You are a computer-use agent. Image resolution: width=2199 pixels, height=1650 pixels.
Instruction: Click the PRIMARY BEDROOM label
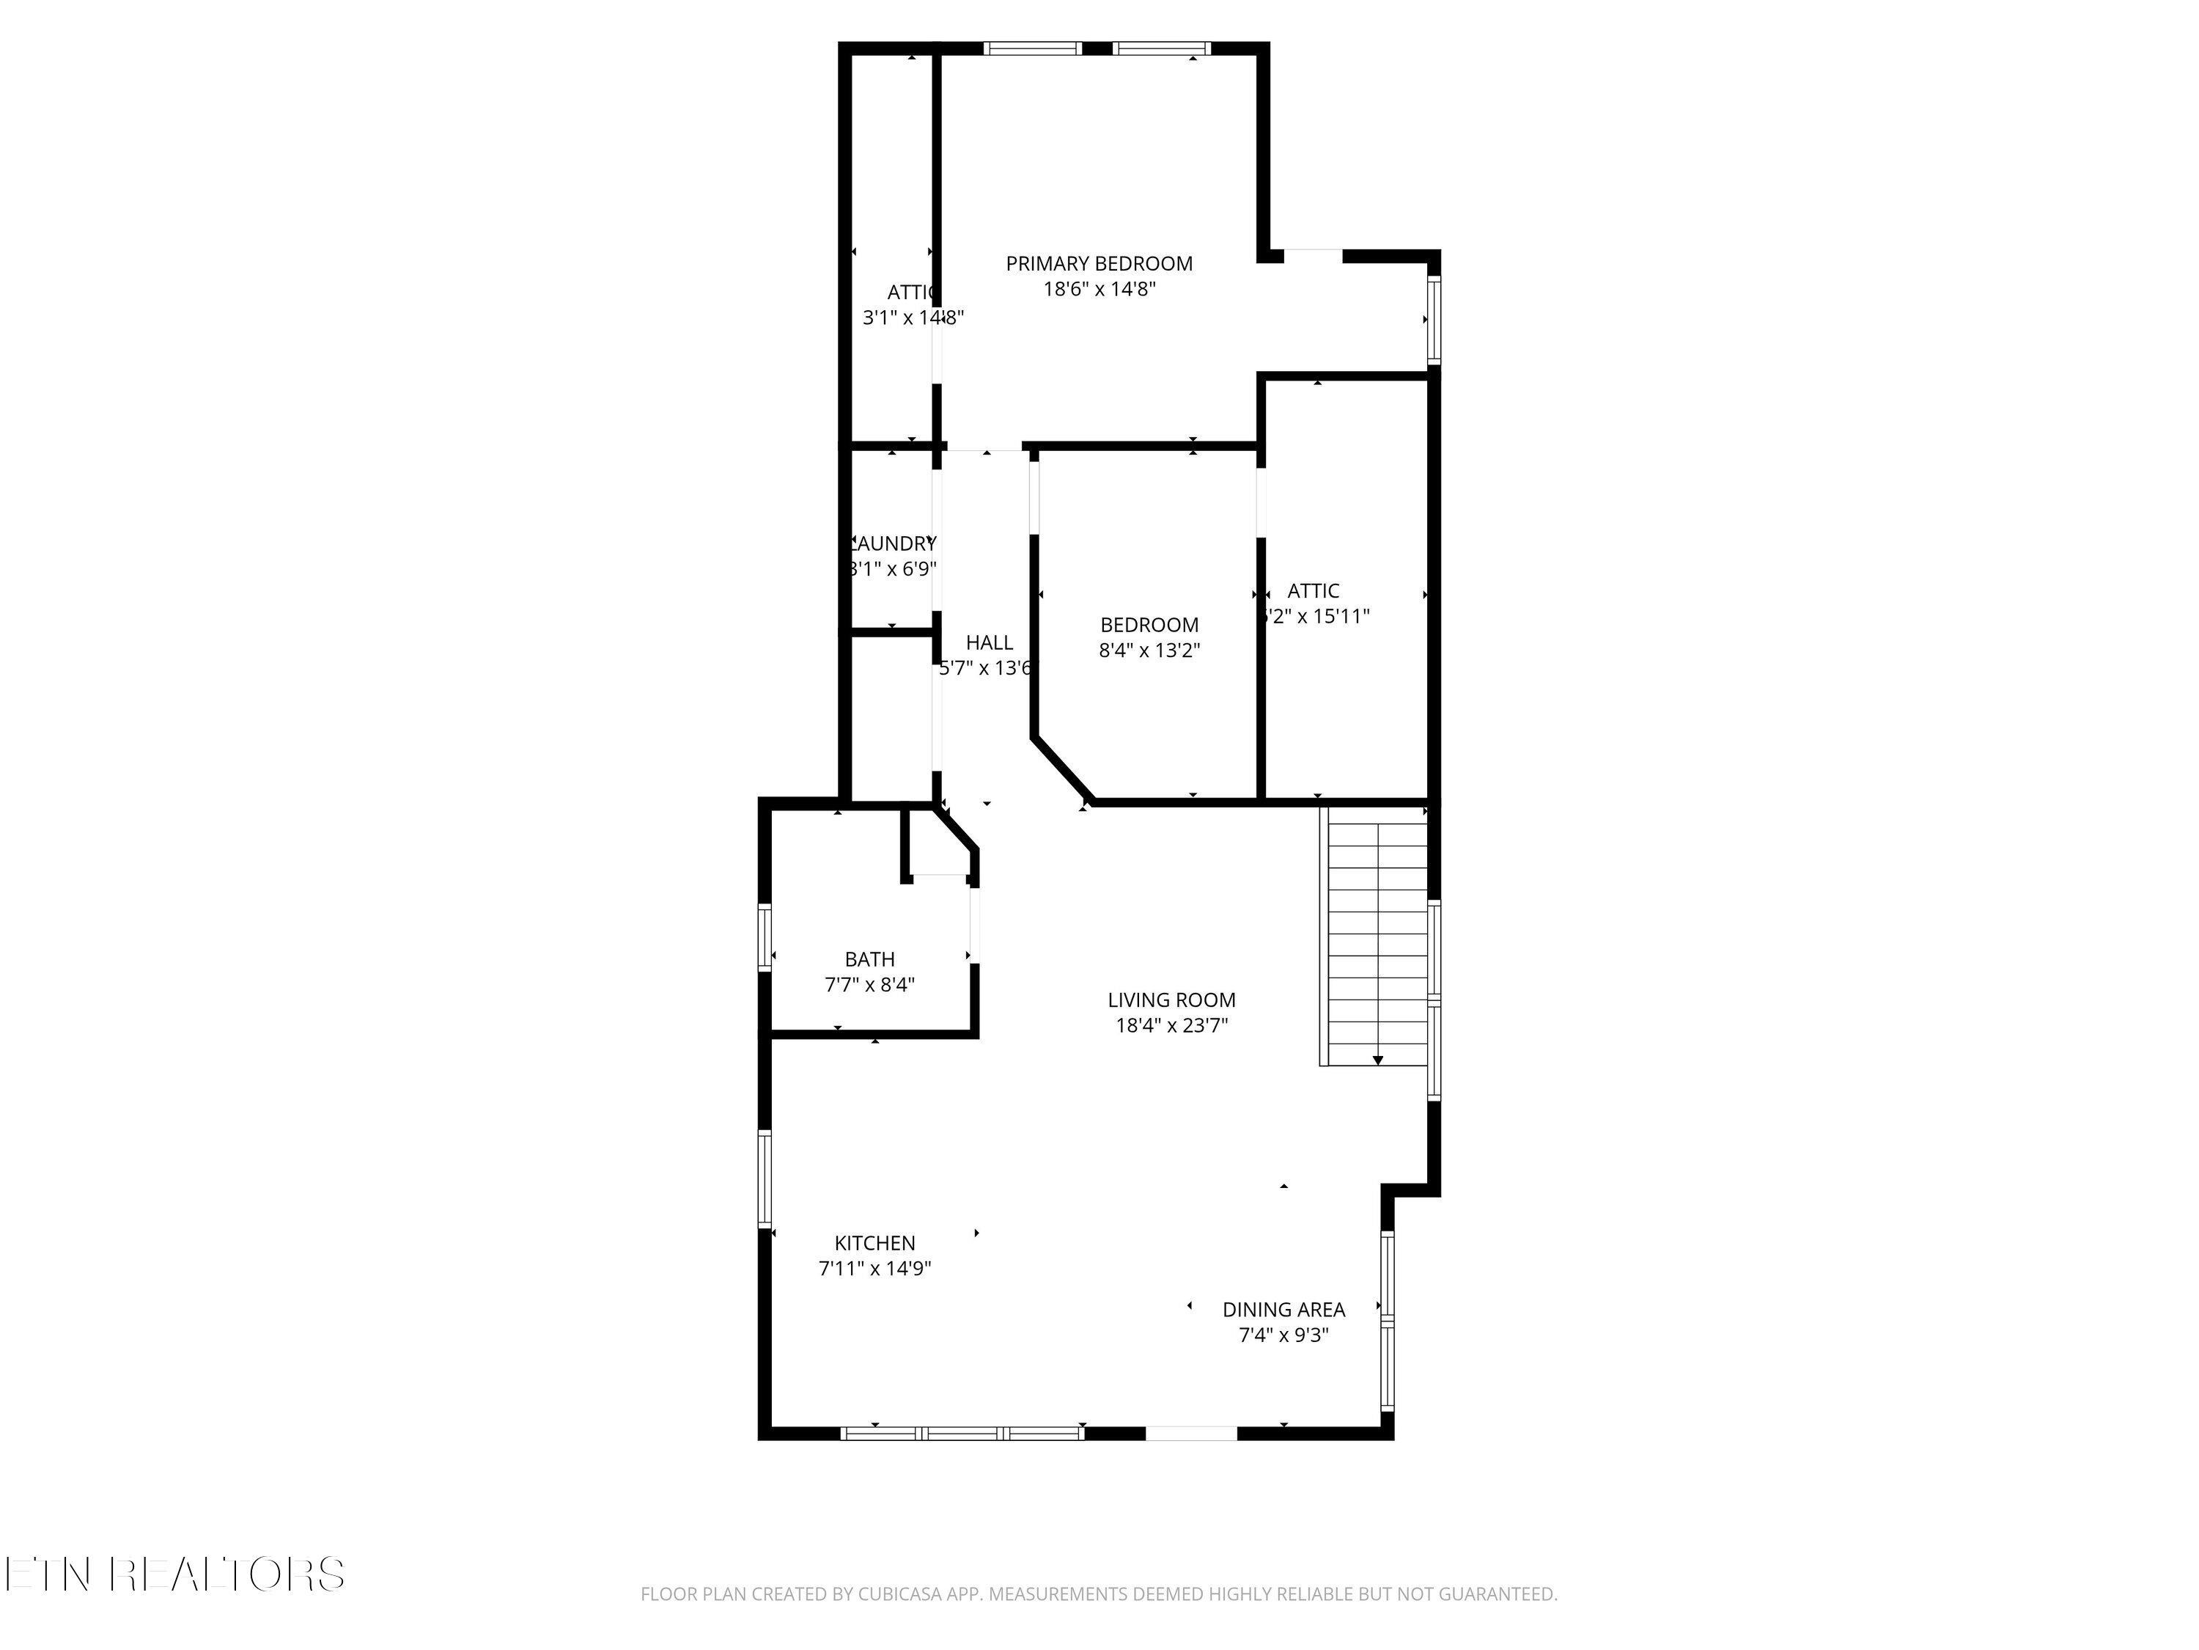coord(1099,263)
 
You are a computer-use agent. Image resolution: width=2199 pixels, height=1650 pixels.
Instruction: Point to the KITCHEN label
coord(874,1242)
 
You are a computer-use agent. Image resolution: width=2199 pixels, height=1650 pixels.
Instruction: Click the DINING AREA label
coord(1283,1310)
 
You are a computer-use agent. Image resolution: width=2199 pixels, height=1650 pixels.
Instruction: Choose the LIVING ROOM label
coord(1171,1000)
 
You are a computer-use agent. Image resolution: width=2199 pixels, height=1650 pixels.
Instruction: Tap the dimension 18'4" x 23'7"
coord(1171,1025)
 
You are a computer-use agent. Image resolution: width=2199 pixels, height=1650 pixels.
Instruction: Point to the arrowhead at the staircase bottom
coord(1378,1060)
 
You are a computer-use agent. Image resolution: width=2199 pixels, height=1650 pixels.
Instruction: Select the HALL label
coord(989,642)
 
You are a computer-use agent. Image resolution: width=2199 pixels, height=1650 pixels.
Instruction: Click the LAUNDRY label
coord(893,543)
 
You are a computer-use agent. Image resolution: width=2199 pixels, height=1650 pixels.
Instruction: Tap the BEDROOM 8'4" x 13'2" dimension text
coord(1149,650)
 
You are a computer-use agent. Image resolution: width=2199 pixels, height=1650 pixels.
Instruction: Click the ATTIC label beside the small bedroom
coord(1314,591)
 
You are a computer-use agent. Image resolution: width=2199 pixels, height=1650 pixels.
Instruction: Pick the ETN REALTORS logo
coord(174,1574)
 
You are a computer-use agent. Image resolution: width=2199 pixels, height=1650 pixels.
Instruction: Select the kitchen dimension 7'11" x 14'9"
coord(874,1268)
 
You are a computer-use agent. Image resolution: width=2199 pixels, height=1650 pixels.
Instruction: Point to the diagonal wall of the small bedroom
coord(1061,769)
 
